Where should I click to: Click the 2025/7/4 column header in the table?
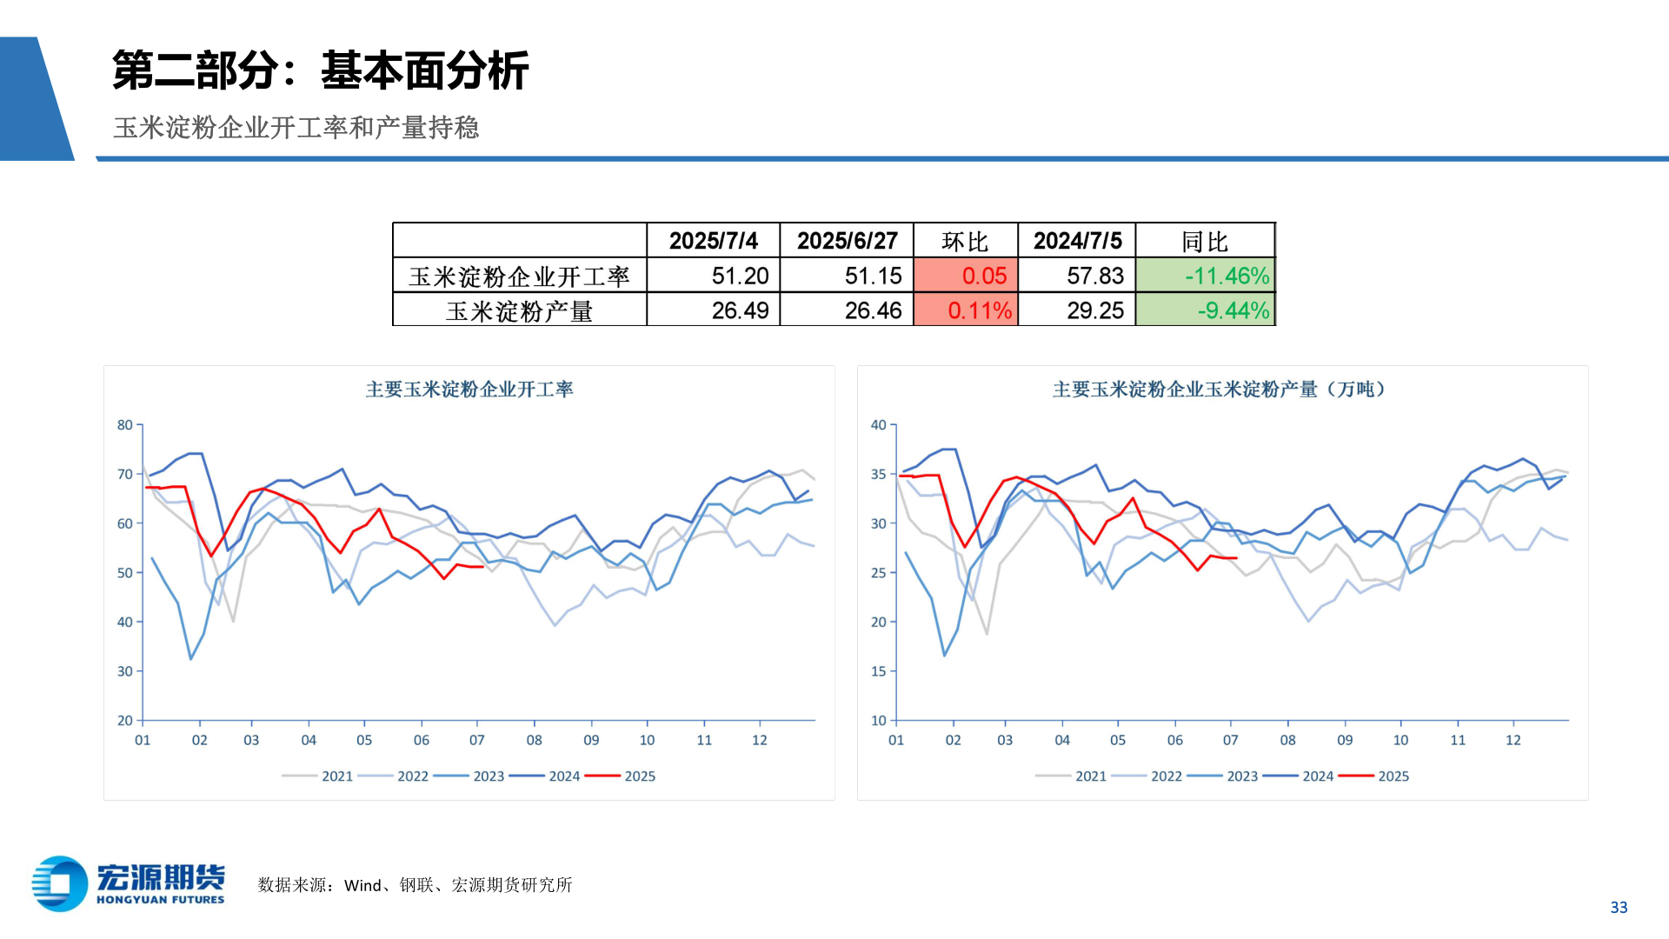click(x=713, y=241)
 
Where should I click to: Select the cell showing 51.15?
click(x=873, y=276)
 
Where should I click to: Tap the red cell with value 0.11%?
click(x=979, y=310)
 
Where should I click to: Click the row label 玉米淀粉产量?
click(x=519, y=310)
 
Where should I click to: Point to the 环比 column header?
click(x=965, y=241)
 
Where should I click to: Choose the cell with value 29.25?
click(x=1094, y=310)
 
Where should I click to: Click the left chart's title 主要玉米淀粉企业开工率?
click(x=469, y=390)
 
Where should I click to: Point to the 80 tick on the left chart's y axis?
click(x=125, y=425)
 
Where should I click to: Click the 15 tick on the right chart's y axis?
click(x=879, y=671)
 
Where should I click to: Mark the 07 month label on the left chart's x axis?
click(x=476, y=740)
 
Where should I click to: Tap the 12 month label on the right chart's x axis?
click(x=1513, y=740)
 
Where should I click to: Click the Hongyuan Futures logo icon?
click(x=60, y=883)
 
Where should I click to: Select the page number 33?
click(x=1619, y=907)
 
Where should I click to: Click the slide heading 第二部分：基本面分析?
click(x=320, y=70)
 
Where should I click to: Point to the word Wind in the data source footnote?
click(x=362, y=885)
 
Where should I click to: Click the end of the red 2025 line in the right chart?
click(x=1236, y=558)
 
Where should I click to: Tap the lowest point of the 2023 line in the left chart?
click(x=191, y=659)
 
